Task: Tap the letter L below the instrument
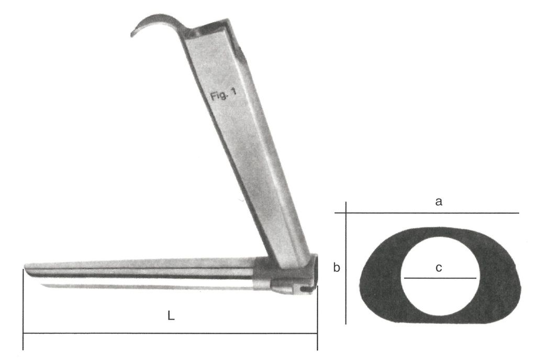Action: [171, 317]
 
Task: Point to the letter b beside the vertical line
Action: [337, 268]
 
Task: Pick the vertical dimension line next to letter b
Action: [346, 293]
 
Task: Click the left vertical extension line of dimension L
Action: [23, 314]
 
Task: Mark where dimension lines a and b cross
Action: [346, 213]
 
